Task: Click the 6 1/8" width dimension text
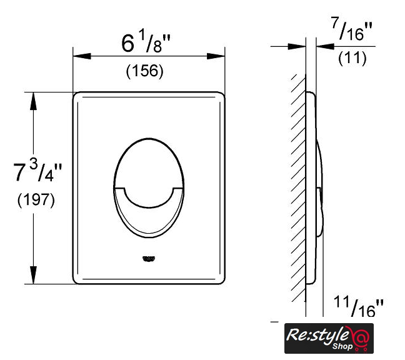pos(146,43)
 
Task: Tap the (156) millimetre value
pos(144,71)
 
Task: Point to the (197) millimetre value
pos(36,199)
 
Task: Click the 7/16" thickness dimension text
pos(352,29)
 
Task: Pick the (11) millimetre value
pos(352,58)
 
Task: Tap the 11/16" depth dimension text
pos(359,306)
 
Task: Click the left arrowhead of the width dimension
pos(82,56)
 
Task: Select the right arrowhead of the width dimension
pos(216,56)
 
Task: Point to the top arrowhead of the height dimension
pos(33,101)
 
